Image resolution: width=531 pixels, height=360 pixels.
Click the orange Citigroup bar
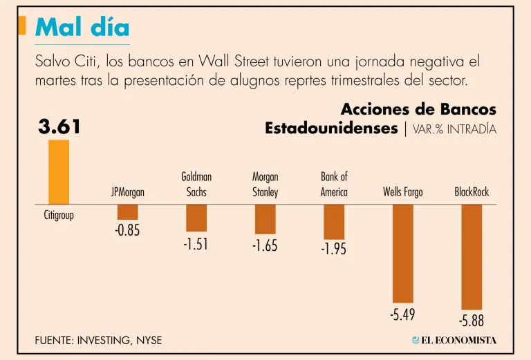pos(59,171)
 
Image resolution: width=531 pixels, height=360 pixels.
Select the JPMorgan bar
pos(128,212)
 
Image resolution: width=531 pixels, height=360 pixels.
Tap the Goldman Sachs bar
pos(196,218)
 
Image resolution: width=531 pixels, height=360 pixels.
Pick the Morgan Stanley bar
pos(265,220)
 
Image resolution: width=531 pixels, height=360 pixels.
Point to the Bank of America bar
pos(334,222)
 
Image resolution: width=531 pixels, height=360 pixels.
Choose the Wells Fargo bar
pos(403,254)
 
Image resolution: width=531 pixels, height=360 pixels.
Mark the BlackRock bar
pos(472,257)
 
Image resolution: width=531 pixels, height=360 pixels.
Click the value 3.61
pos(59,127)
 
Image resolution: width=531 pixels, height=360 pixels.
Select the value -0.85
pos(127,231)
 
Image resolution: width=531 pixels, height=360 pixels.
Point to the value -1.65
pos(265,245)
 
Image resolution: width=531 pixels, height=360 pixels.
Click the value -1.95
pos(333,249)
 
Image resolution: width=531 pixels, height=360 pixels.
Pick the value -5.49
pos(403,315)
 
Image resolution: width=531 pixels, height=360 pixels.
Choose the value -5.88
pos(472,321)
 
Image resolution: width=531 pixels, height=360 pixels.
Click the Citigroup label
pos(59,215)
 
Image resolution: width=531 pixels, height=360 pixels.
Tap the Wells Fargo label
pos(403,192)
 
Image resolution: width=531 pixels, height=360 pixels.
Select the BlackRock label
pos(472,192)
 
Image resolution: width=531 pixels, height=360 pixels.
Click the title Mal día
pos(82,27)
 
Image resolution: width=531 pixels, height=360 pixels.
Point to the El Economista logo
pos(454,340)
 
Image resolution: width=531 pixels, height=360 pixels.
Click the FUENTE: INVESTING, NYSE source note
pos(98,341)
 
